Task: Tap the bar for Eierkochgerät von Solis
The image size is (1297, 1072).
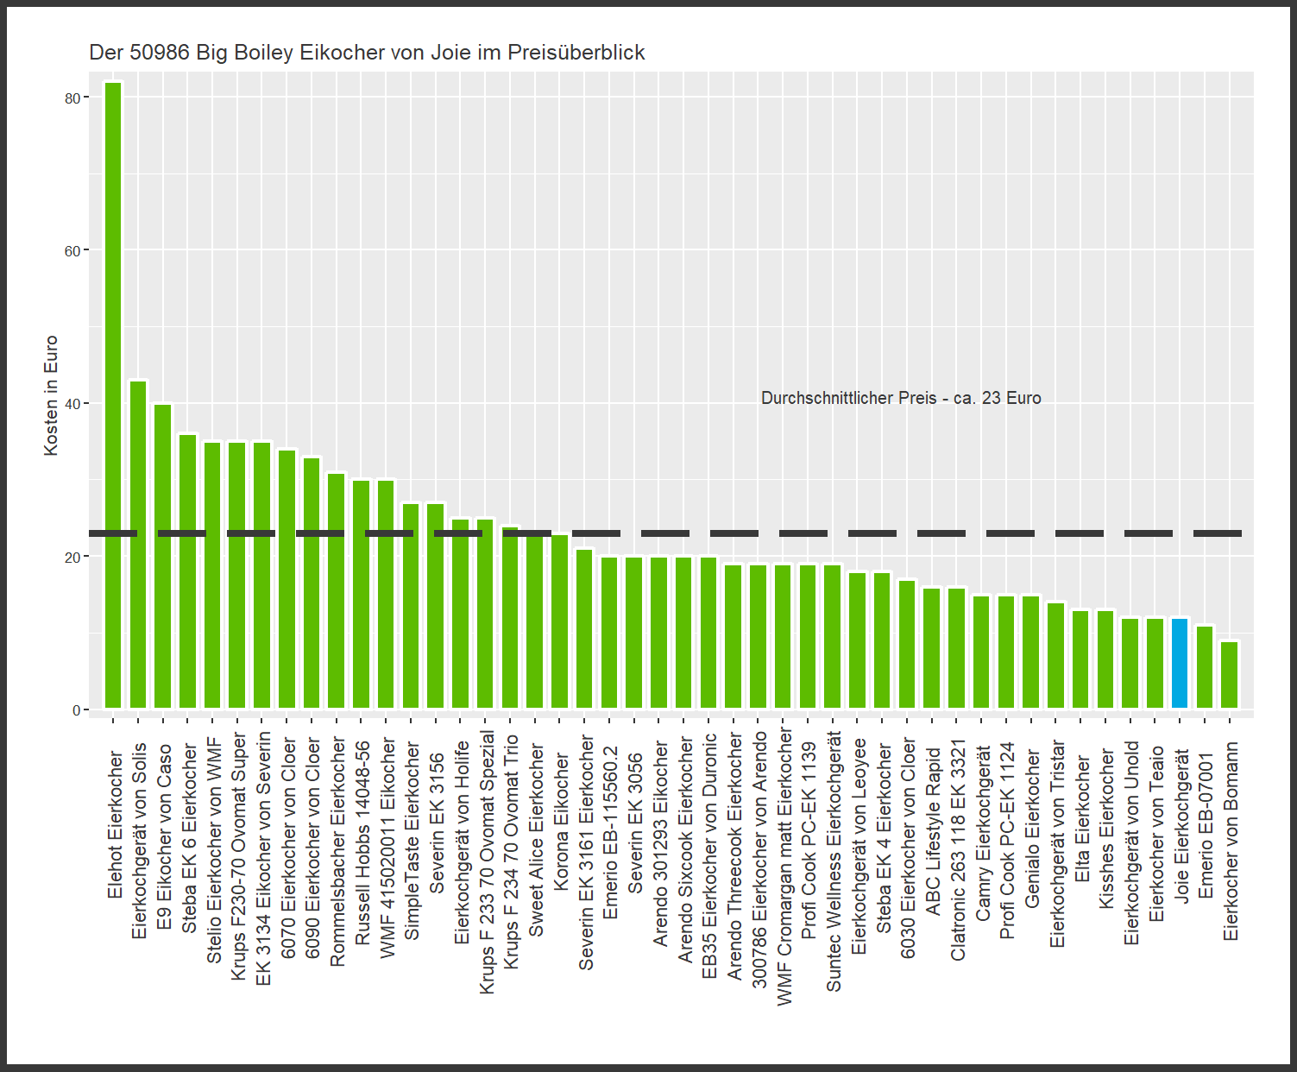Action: click(x=138, y=545)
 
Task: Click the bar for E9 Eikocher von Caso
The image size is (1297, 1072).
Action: click(x=163, y=556)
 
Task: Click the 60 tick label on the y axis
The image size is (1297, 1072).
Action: click(x=72, y=251)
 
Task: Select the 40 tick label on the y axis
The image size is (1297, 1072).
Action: click(x=72, y=404)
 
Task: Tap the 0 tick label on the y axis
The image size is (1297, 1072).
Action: click(x=76, y=710)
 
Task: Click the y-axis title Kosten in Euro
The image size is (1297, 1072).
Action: click(x=51, y=395)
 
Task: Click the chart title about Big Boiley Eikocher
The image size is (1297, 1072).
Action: click(x=367, y=53)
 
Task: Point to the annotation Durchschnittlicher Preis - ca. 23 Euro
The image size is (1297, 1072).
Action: click(x=901, y=398)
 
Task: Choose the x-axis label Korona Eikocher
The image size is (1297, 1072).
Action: click(x=561, y=821)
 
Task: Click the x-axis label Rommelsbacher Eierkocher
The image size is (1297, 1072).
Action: click(x=337, y=851)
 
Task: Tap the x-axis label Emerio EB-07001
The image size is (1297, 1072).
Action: click(x=1206, y=824)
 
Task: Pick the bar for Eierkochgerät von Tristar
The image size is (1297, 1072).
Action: click(x=1056, y=655)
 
